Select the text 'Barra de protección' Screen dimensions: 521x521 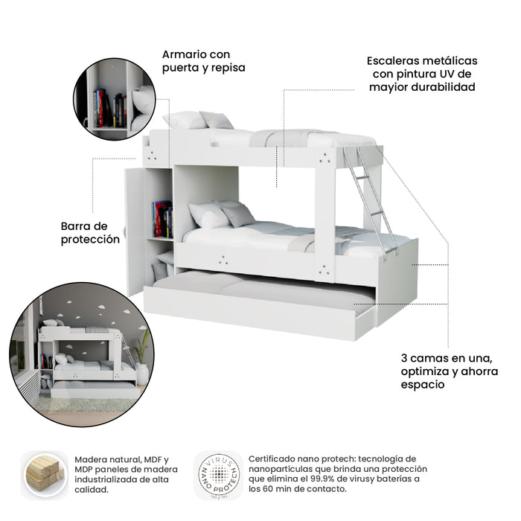tap(90, 232)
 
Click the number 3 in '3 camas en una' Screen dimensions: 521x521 tap(403, 358)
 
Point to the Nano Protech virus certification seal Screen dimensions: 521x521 tap(219, 475)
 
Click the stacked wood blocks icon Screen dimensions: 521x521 tap(45, 474)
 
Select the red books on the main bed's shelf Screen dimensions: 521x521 tap(162, 219)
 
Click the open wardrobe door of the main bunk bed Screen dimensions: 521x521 tap(134, 231)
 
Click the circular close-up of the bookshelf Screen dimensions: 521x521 tap(115, 99)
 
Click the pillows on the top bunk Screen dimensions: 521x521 tap(199, 120)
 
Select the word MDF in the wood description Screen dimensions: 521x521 tap(152, 459)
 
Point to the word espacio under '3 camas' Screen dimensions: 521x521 tap(423, 385)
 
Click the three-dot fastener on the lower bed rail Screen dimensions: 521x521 tap(223, 260)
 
